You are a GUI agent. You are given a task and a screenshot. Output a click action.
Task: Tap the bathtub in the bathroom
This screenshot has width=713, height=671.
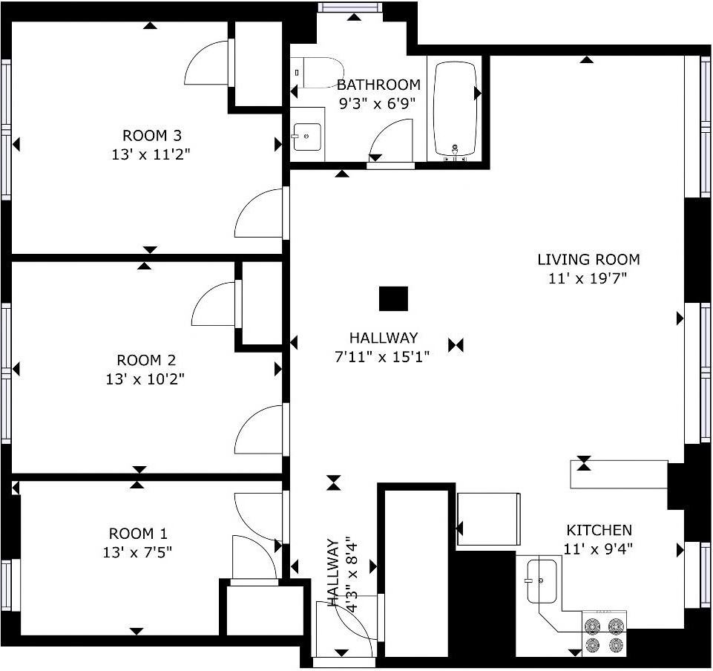[455, 108]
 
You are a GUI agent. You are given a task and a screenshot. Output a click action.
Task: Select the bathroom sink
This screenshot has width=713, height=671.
[307, 137]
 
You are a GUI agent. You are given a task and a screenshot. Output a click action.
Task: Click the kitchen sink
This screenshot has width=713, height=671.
[542, 581]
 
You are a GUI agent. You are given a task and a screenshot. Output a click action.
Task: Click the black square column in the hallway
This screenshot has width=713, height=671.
[394, 298]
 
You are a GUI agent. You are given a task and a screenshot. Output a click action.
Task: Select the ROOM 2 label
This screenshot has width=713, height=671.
[146, 360]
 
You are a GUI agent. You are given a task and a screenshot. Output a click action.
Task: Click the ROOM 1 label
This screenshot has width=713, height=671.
[138, 533]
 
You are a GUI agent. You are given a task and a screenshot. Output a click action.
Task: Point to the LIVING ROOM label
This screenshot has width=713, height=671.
[588, 259]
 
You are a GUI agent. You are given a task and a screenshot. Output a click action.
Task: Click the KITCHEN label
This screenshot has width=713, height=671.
[599, 530]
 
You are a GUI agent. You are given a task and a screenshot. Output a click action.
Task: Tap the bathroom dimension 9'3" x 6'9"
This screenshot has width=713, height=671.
[378, 104]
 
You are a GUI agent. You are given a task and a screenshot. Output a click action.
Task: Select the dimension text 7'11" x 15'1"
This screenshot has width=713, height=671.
[382, 356]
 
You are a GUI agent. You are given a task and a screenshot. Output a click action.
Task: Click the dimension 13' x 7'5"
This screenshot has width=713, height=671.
[137, 552]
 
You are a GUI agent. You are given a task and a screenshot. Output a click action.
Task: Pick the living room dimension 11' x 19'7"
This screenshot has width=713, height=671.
[588, 278]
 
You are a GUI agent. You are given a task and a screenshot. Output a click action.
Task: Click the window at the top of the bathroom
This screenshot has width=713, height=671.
[349, 7]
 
